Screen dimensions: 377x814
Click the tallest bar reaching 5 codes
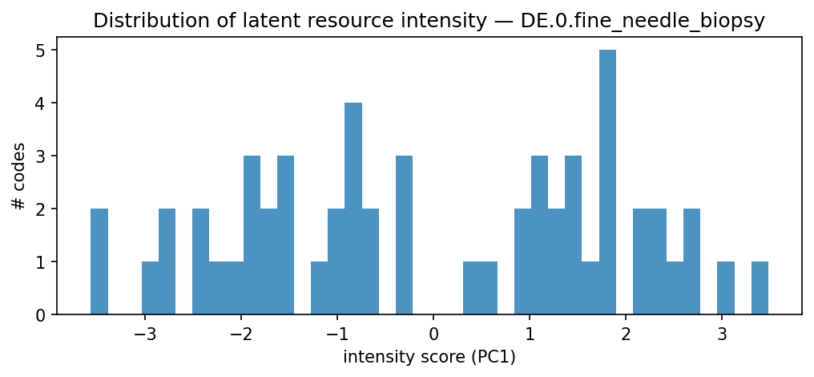[x=607, y=182]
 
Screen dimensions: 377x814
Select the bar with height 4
[x=353, y=209]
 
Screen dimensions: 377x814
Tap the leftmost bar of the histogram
[x=99, y=261]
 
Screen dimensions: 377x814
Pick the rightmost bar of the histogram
[x=760, y=288]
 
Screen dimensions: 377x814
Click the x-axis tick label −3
[x=145, y=332]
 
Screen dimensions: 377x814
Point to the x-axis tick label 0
[x=433, y=332]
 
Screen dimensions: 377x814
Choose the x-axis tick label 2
[x=625, y=332]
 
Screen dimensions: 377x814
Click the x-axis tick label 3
[x=721, y=332]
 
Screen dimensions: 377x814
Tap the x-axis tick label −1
[x=336, y=332]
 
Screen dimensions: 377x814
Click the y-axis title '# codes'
[x=18, y=176]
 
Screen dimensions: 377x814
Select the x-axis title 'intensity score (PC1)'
[x=429, y=355]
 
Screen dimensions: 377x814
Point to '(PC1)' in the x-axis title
[x=492, y=355]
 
